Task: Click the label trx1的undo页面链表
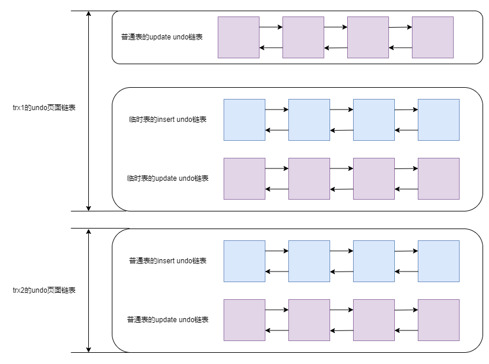click(x=44, y=108)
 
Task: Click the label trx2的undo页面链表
click(x=44, y=290)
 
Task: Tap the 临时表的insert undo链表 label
click(x=168, y=120)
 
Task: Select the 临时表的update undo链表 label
click(x=168, y=178)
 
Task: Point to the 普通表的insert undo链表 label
click(x=168, y=261)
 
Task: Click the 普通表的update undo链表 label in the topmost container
click(x=162, y=37)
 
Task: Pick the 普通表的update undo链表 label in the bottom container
click(x=168, y=320)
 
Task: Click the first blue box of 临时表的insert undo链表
click(x=244, y=120)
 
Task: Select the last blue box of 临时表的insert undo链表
click(x=438, y=120)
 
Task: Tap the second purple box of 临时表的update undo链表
click(x=309, y=178)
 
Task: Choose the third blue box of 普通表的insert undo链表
click(x=374, y=261)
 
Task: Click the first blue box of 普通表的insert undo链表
click(x=244, y=261)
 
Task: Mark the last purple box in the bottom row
click(x=438, y=320)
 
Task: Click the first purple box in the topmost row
click(x=238, y=37)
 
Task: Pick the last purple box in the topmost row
click(x=433, y=37)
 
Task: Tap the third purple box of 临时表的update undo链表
click(x=374, y=178)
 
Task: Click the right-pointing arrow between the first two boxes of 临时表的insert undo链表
click(x=277, y=110)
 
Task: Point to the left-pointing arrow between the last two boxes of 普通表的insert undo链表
click(x=406, y=272)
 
